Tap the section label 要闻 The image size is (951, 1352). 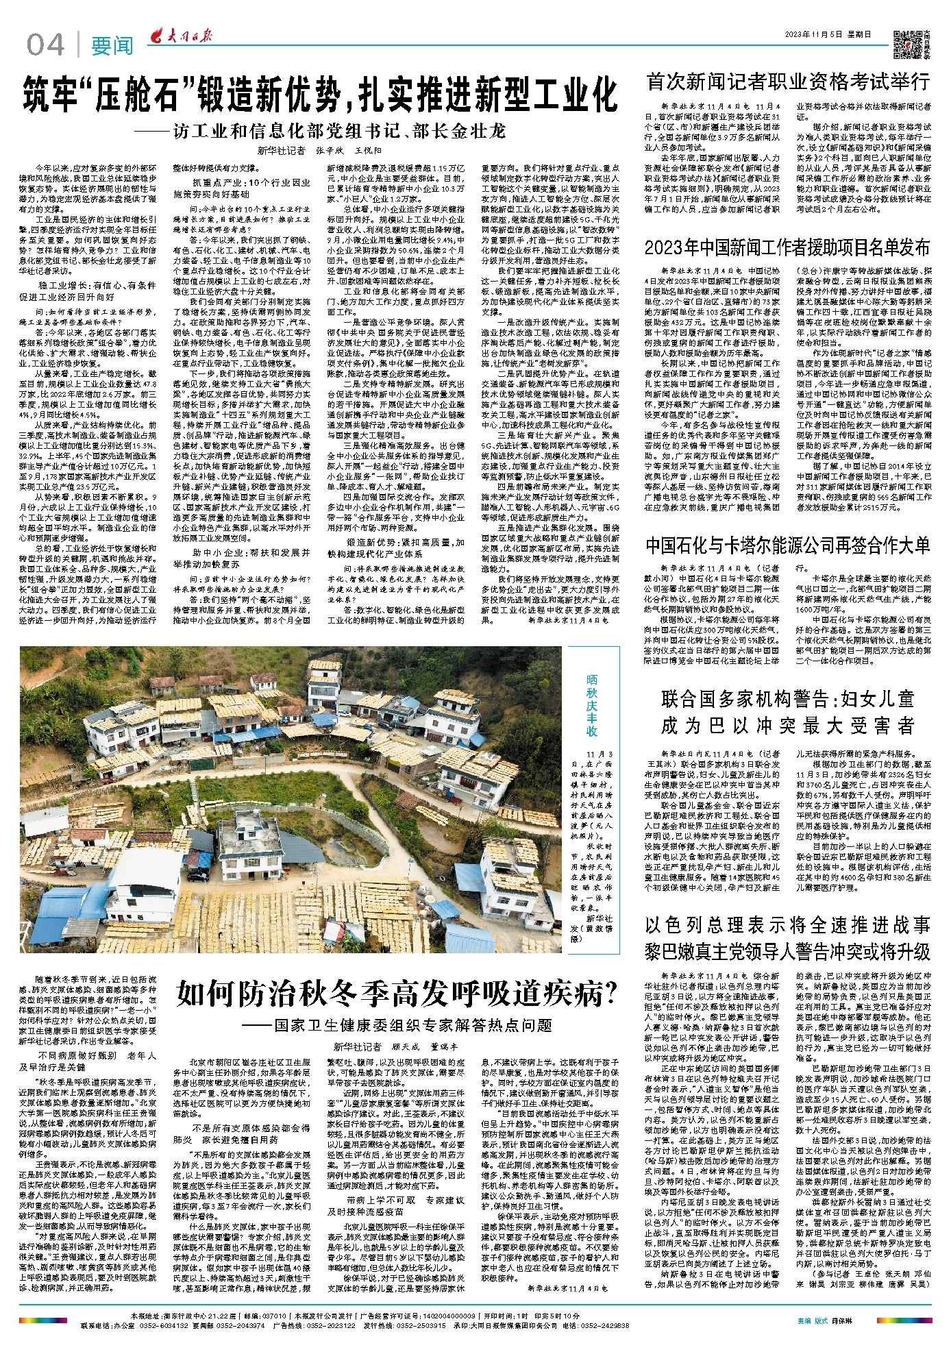click(x=112, y=47)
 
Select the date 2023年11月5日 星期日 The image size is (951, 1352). click(x=828, y=34)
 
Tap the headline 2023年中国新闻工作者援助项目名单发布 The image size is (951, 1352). click(x=787, y=247)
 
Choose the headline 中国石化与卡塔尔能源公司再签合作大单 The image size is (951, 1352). click(x=787, y=545)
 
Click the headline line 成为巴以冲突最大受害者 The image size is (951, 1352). click(x=787, y=726)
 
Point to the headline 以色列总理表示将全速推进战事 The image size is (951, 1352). click(x=787, y=925)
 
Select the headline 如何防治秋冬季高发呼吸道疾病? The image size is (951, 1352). click(x=397, y=993)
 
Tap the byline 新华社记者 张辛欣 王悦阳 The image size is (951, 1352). click(x=319, y=151)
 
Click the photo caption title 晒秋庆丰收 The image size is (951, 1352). click(x=591, y=704)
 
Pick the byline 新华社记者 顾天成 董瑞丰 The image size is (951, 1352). click(x=395, y=1046)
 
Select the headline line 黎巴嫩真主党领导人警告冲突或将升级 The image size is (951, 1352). click(x=787, y=952)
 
